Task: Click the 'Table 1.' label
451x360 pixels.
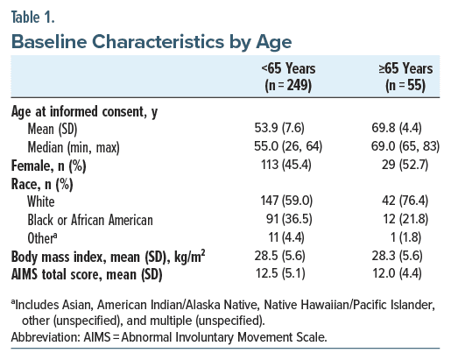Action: [32, 18]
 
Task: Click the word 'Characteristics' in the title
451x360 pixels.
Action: [158, 42]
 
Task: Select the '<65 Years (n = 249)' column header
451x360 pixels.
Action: [288, 77]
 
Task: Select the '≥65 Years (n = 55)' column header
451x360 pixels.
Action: [405, 77]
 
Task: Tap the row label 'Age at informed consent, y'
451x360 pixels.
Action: [84, 112]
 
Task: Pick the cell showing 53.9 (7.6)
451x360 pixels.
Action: [279, 128]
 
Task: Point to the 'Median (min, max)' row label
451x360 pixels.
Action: [74, 147]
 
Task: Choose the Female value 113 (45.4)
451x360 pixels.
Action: [286, 165]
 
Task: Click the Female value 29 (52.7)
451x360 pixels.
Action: [405, 165]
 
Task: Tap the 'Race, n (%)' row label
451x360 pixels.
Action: [42, 184]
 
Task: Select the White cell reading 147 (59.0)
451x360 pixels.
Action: [286, 201]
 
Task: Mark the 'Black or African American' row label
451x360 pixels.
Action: [90, 220]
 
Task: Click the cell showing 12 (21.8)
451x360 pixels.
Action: [405, 219]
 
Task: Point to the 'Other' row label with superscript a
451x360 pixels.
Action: [42, 238]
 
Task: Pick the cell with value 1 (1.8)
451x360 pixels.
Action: [405, 237]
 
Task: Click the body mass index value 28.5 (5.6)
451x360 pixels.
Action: [279, 256]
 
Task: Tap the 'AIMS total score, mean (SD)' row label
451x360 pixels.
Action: [87, 275]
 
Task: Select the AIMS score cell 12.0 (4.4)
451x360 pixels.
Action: [397, 273]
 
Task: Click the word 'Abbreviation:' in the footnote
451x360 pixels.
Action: [46, 337]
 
